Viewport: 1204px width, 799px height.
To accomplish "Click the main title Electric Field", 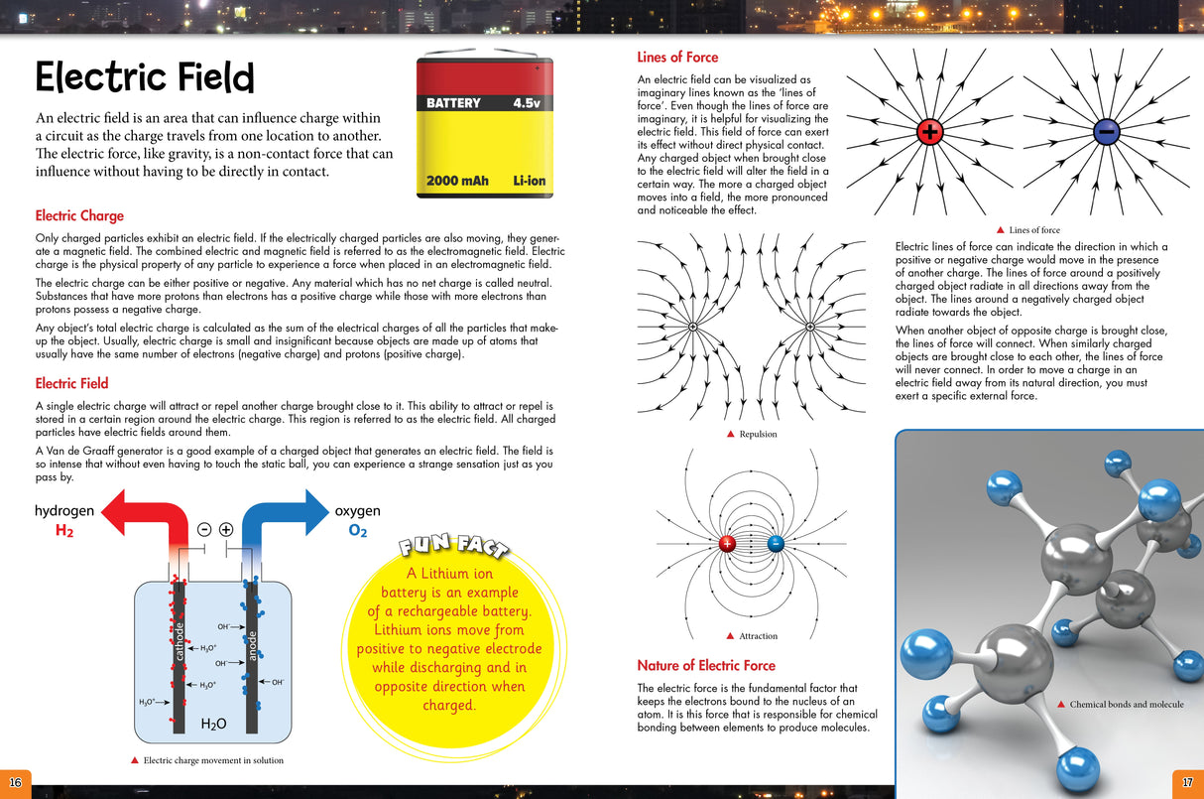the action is click(x=145, y=77).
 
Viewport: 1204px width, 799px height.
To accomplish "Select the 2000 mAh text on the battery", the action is click(x=457, y=181).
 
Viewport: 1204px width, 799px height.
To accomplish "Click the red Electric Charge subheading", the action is click(x=79, y=215).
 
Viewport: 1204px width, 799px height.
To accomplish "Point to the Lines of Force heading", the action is click(x=677, y=58).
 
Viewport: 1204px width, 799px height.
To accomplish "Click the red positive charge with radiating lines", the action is click(x=929, y=130).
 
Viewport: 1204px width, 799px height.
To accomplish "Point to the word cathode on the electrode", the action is click(x=180, y=639).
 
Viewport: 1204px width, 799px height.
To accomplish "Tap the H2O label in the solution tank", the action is click(x=213, y=724).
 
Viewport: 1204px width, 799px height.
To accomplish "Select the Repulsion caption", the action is click(x=758, y=434).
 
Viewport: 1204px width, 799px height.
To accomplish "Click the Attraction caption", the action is click(x=758, y=636).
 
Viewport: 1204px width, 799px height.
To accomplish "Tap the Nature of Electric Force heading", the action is click(x=706, y=665).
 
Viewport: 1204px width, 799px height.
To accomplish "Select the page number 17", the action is click(x=1187, y=779).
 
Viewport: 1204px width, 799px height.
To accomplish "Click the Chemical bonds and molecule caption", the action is click(x=1126, y=705).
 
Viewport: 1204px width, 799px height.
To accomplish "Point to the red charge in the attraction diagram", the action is click(x=727, y=543).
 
